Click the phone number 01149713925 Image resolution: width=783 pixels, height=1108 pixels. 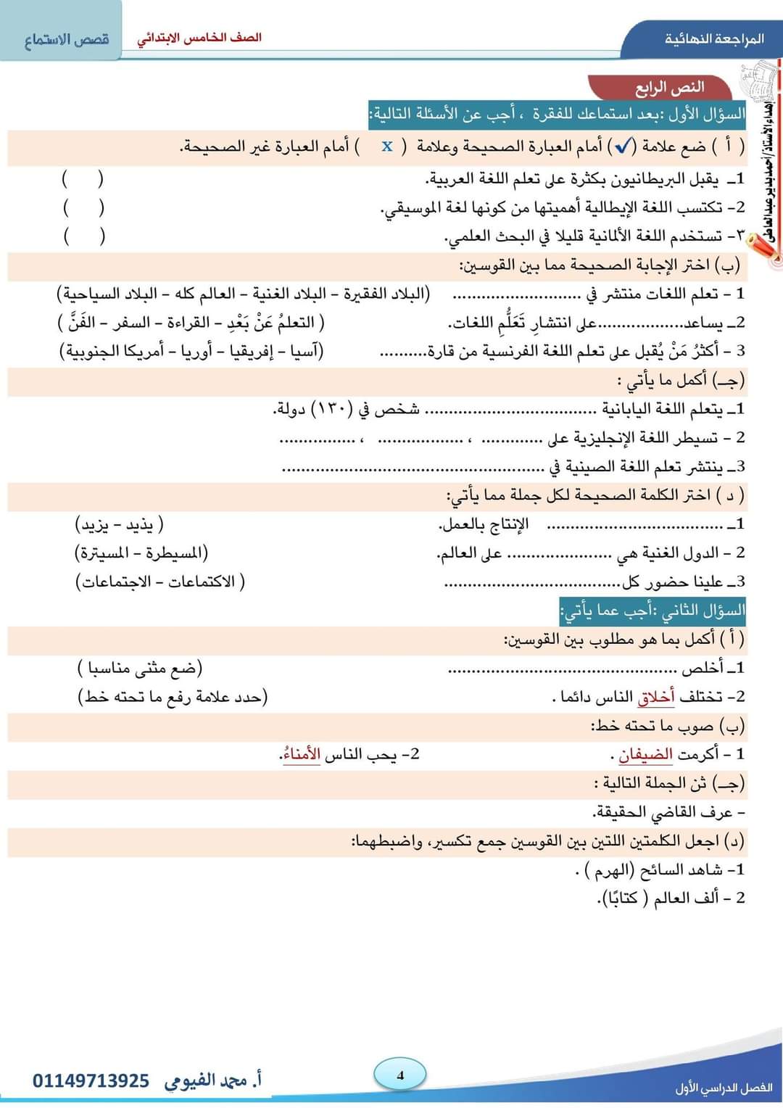pyautogui.click(x=91, y=1081)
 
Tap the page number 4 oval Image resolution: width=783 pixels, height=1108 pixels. pyautogui.click(x=400, y=1075)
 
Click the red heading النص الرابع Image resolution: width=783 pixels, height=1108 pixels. pyautogui.click(x=670, y=88)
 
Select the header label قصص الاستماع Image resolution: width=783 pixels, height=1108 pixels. pyautogui.click(x=67, y=39)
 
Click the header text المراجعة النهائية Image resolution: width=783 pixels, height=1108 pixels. pyautogui.click(x=714, y=38)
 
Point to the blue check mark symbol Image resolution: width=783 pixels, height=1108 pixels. pyautogui.click(x=623, y=146)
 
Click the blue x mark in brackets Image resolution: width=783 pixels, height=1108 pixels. pyautogui.click(x=387, y=146)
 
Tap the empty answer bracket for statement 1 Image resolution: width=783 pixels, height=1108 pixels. pyautogui.click(x=83, y=178)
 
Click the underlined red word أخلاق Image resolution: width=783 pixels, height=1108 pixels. pyautogui.click(x=656, y=697)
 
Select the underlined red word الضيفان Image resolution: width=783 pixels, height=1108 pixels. pyautogui.click(x=646, y=754)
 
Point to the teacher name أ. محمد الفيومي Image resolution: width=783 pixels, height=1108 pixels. pyautogui.click(x=213, y=1080)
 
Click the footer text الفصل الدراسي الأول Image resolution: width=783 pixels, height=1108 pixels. pyautogui.click(x=724, y=1088)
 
